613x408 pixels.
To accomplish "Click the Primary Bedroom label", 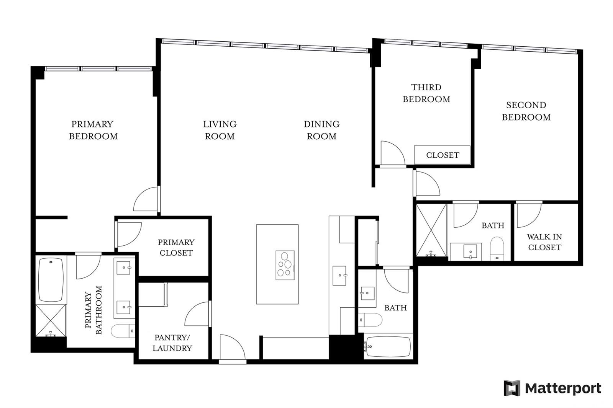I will (93, 130).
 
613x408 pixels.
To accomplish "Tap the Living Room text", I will (220, 130).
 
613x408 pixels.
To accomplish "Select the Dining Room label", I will (321, 130).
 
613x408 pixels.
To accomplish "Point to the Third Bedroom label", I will (426, 93).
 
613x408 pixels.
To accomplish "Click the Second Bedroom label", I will (526, 111).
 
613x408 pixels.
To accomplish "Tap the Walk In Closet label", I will (544, 242).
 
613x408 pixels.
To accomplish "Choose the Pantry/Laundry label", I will (172, 343).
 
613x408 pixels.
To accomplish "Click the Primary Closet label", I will (176, 247).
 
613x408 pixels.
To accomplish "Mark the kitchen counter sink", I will (339, 276).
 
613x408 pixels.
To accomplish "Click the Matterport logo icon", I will (512, 388).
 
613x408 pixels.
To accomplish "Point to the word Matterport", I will (563, 388).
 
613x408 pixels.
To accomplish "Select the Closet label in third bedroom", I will (442, 155).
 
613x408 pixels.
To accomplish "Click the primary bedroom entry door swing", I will (146, 199).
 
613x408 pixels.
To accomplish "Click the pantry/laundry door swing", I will (197, 314).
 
